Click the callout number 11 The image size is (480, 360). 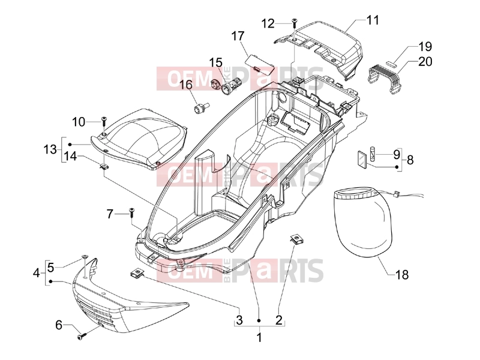click(x=373, y=20)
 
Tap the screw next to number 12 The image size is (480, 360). click(x=294, y=23)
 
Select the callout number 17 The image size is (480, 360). click(x=238, y=36)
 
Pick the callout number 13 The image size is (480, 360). click(x=50, y=149)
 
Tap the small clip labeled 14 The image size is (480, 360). click(x=104, y=167)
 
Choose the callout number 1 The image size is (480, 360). click(x=259, y=338)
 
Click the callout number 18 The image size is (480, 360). click(x=402, y=275)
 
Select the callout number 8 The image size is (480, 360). click(x=410, y=160)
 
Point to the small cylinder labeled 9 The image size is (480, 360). click(x=373, y=154)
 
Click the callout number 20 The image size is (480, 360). click(x=425, y=61)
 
